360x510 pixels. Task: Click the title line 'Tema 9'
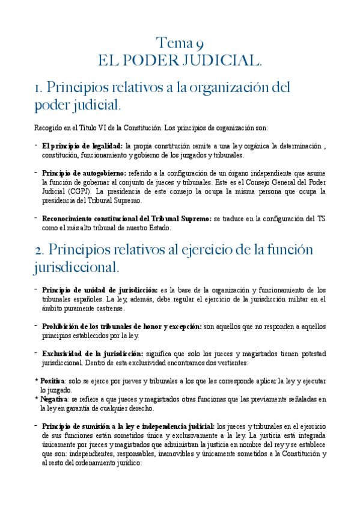coord(180,43)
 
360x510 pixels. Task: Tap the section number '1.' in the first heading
coord(41,88)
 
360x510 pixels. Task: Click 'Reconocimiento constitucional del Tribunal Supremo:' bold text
coord(126,219)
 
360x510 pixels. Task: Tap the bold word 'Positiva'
coord(52,381)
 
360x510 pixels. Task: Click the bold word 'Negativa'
coord(53,399)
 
